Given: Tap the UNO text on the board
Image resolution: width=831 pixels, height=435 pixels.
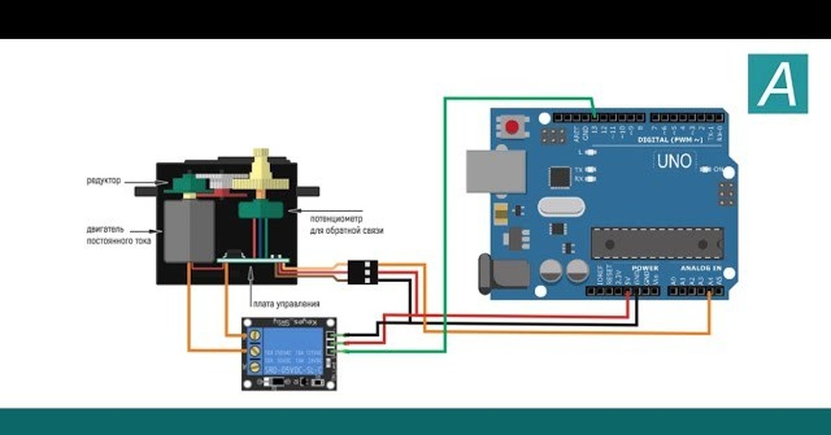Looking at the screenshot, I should [x=673, y=161].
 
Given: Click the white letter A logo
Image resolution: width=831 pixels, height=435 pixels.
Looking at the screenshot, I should [x=778, y=84].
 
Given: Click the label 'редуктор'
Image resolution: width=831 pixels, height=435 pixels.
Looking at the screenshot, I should [x=104, y=181].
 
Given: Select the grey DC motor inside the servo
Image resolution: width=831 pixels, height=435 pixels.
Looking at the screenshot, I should [x=188, y=232].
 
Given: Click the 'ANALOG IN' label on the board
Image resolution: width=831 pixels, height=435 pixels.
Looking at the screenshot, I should [x=700, y=268].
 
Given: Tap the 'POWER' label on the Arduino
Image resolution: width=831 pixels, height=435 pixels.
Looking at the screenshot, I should [x=645, y=268].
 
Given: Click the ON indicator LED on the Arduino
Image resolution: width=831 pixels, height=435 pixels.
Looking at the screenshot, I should [x=706, y=169].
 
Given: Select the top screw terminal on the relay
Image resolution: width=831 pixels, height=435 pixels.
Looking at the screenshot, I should [x=254, y=335].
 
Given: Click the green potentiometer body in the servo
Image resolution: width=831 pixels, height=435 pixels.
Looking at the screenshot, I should [x=259, y=209].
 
